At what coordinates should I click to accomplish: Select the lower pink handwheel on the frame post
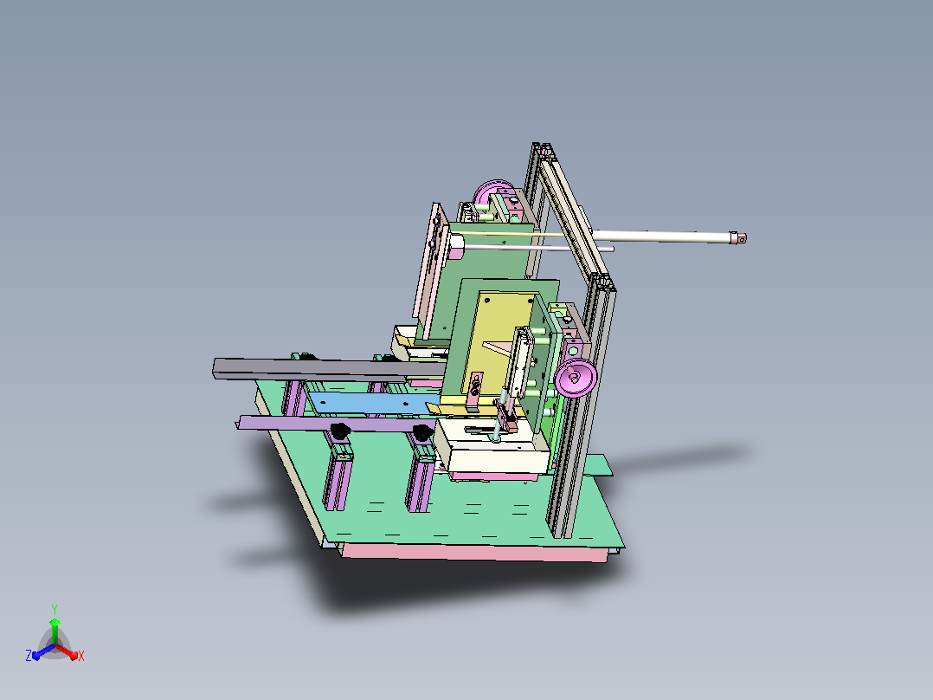coord(576,377)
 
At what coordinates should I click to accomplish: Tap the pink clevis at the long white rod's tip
coord(737,237)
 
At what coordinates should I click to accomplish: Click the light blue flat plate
coord(374,404)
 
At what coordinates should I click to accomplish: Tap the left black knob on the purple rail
coord(339,430)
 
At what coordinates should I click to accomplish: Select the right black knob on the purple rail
coord(423,432)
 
